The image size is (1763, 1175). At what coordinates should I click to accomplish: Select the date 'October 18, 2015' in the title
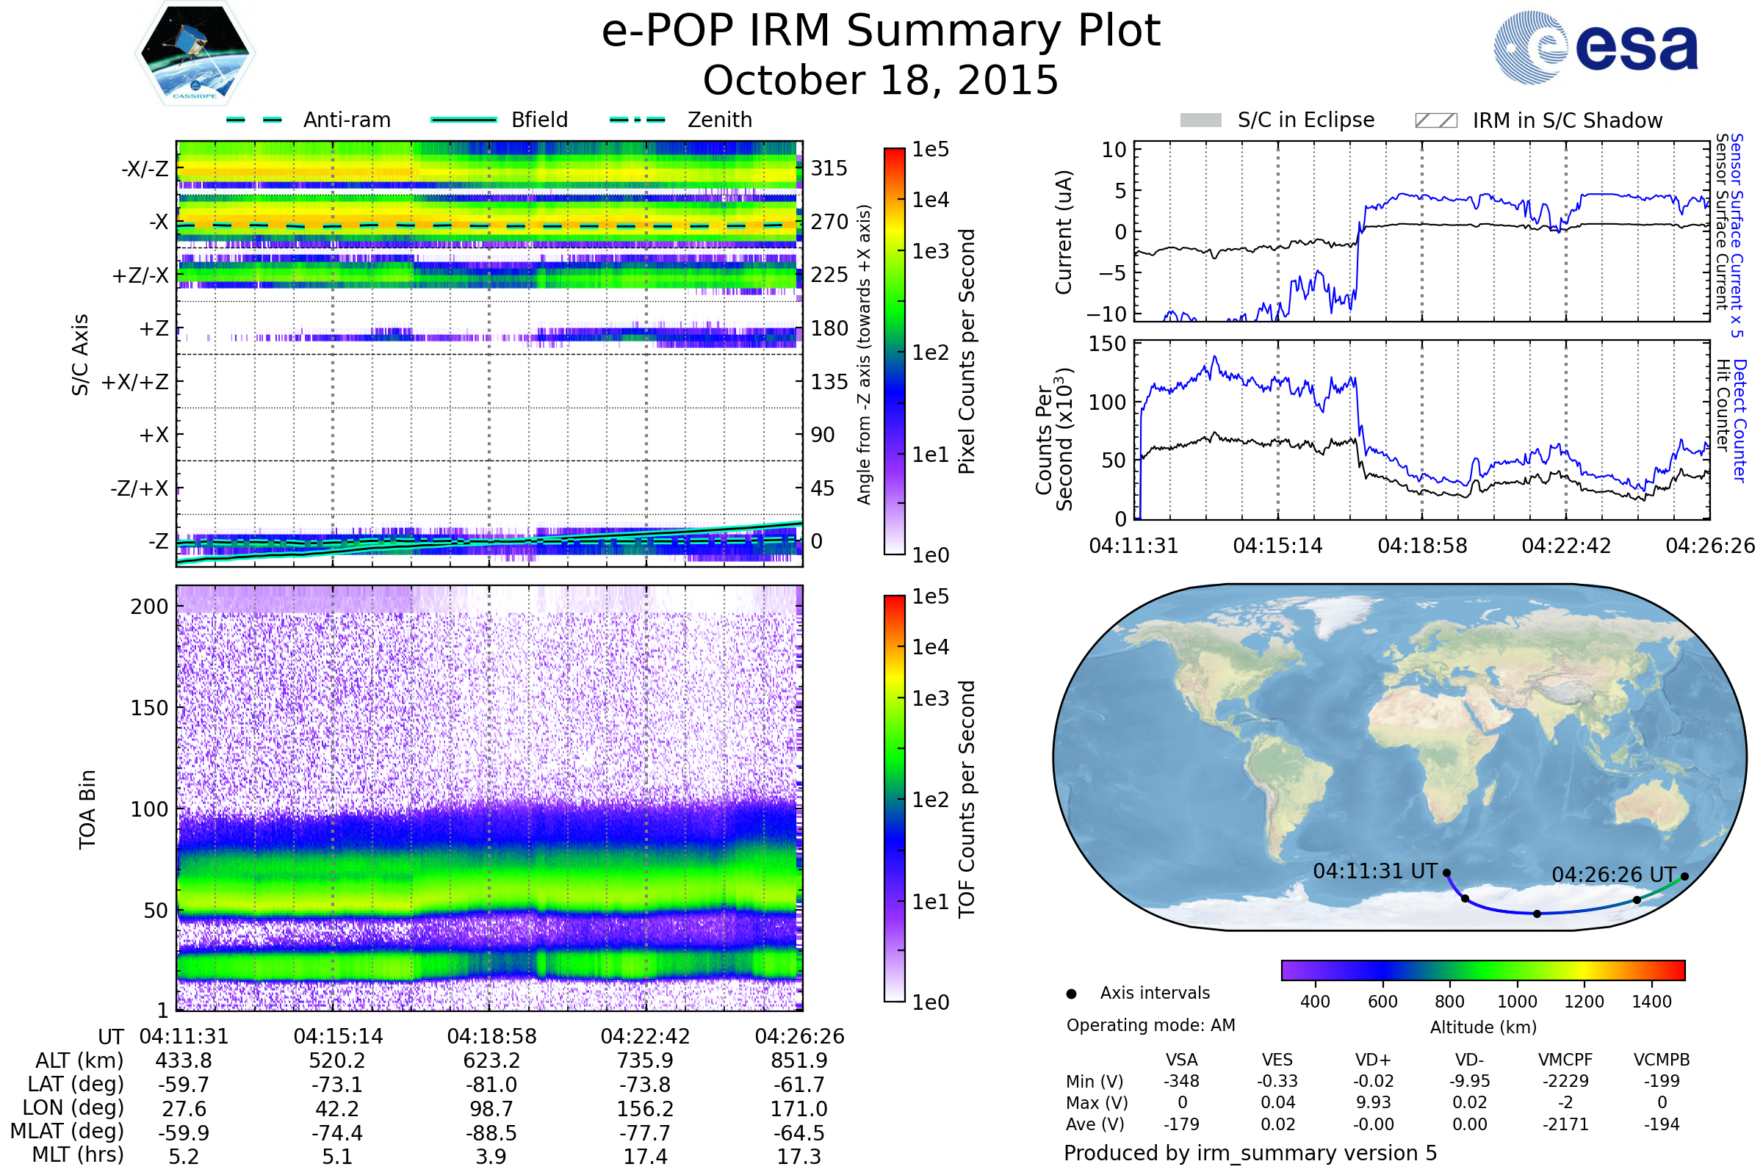(x=881, y=80)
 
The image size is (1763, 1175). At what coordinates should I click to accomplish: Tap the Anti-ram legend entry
(x=346, y=120)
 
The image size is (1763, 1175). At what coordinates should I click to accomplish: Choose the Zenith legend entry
(x=719, y=120)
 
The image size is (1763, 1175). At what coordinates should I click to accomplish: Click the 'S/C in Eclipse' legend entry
(x=1305, y=120)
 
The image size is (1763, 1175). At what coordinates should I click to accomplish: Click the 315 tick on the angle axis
(x=829, y=168)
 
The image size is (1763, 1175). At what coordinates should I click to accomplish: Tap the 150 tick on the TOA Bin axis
(x=149, y=708)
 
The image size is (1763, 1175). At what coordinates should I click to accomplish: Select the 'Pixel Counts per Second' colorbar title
(x=966, y=351)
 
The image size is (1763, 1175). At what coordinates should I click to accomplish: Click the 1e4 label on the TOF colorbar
(x=930, y=647)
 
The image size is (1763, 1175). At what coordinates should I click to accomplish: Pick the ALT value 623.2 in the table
(x=491, y=1061)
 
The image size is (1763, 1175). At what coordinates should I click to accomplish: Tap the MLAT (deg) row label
(x=68, y=1132)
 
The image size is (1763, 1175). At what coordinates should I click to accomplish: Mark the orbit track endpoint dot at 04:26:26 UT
(x=1684, y=876)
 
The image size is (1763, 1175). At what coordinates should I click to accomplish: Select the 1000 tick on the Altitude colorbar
(x=1516, y=1002)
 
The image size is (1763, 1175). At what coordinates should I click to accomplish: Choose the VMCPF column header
(x=1565, y=1060)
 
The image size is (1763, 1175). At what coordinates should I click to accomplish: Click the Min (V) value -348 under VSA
(x=1181, y=1081)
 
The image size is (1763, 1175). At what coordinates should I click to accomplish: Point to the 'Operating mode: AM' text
(x=1150, y=1025)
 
